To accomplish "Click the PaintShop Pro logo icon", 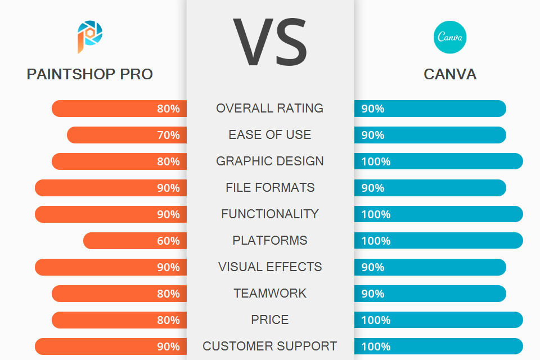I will (90, 37).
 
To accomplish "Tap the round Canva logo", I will (450, 37).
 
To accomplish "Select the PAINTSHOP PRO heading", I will (90, 74).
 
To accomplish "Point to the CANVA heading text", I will (450, 74).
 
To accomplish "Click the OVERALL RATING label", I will (270, 109).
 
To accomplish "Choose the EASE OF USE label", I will (270, 135).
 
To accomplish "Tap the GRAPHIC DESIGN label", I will (270, 161).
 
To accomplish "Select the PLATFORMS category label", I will (270, 241).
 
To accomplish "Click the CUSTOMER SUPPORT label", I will (270, 346).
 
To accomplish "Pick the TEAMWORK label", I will (270, 294).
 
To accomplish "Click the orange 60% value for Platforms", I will (168, 241).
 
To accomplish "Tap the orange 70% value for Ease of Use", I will (168, 135).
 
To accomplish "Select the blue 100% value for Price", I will (376, 320).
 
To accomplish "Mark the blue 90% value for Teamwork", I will (373, 294).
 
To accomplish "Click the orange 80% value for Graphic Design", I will (168, 161).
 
